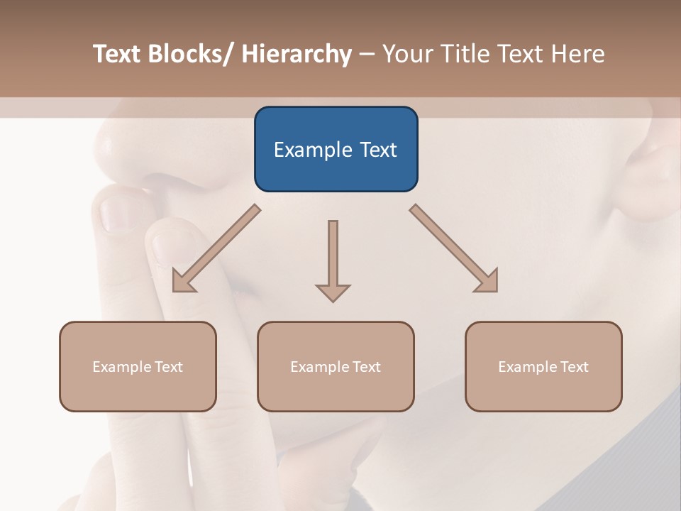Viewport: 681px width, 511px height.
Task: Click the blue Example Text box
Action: [x=336, y=149]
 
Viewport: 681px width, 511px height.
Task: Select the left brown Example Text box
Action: [x=138, y=366]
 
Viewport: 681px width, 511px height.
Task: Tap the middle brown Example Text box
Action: [x=336, y=366]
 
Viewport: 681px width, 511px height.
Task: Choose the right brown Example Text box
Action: [x=543, y=366]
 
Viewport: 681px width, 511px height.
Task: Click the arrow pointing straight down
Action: [x=333, y=259]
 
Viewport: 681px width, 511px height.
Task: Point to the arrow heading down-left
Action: [x=216, y=248]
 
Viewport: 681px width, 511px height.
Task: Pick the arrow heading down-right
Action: [x=454, y=248]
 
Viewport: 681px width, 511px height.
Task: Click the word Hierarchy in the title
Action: [x=297, y=54]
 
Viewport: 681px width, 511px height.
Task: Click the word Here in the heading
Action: [x=576, y=54]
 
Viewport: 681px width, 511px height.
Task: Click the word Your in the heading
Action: [x=406, y=54]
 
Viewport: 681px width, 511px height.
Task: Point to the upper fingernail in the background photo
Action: [x=113, y=213]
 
